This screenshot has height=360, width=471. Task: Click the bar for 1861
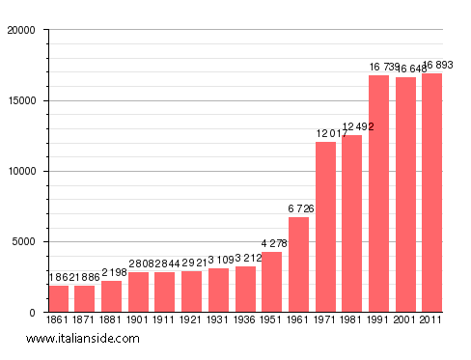[x=59, y=299]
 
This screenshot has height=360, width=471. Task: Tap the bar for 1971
[x=325, y=227]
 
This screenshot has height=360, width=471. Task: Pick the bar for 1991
[x=378, y=194]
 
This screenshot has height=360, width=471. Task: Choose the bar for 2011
[x=431, y=193]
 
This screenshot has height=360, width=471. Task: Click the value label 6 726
[x=299, y=208]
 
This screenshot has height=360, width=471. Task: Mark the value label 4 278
[x=272, y=243]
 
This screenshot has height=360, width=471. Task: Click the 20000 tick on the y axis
[x=20, y=30]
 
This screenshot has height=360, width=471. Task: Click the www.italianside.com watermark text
[x=83, y=339]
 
